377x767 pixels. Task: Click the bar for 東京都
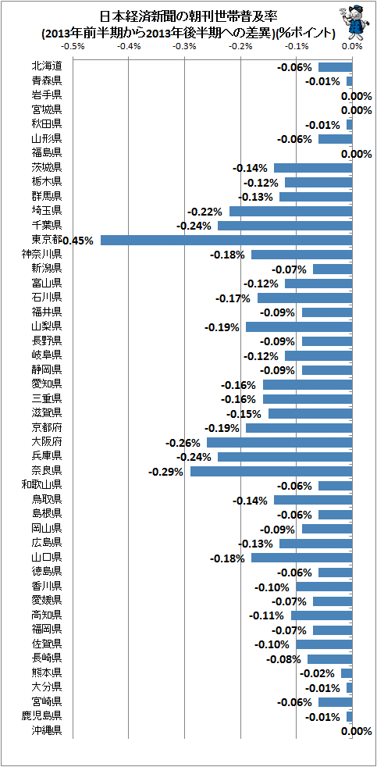tap(226, 241)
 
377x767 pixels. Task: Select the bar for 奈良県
tap(272, 471)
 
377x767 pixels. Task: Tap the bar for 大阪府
tap(279, 442)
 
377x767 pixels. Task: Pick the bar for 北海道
tap(336, 67)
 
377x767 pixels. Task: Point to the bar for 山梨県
tap(299, 326)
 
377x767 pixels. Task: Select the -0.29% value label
tap(165, 472)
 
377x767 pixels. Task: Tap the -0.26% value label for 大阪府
tap(183, 443)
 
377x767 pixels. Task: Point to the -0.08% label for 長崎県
tap(283, 659)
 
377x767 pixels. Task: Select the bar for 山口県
tap(302, 558)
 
